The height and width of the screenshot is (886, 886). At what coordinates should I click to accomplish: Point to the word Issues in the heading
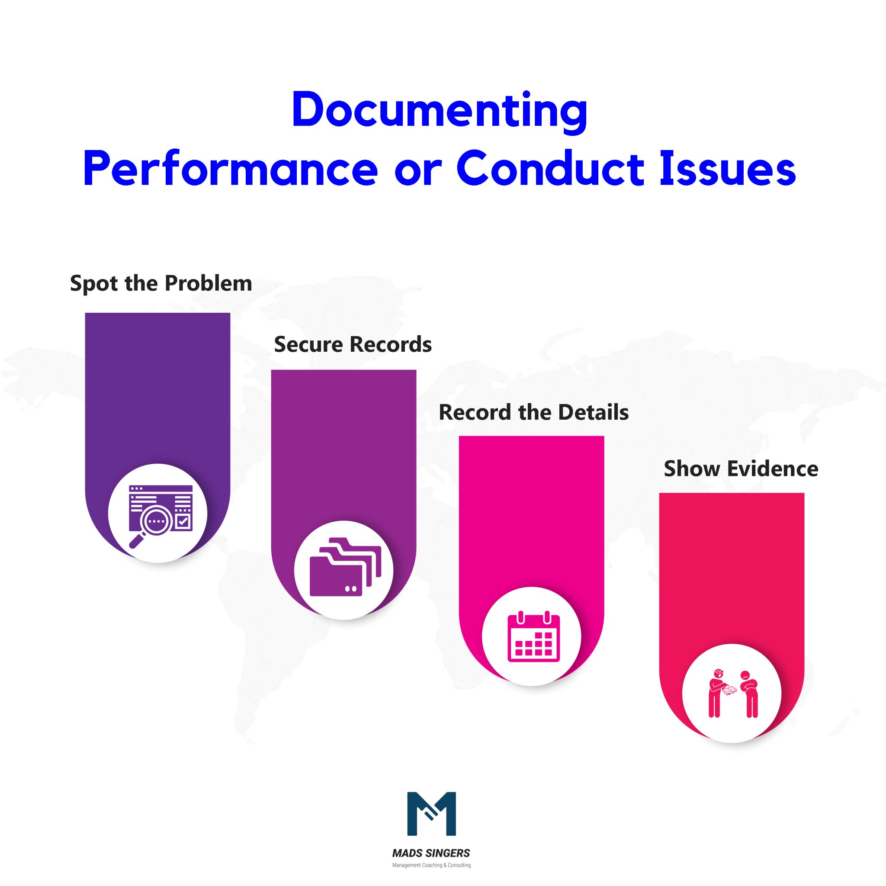pyautogui.click(x=727, y=169)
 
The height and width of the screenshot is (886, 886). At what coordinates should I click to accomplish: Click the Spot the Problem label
pyautogui.click(x=161, y=283)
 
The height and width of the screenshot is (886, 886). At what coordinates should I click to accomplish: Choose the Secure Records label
pyautogui.click(x=353, y=344)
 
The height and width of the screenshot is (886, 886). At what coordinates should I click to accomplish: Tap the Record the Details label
pyautogui.click(x=533, y=412)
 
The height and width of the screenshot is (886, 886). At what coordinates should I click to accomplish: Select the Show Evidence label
pyautogui.click(x=741, y=469)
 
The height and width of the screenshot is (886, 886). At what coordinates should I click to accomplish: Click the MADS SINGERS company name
pyautogui.click(x=431, y=853)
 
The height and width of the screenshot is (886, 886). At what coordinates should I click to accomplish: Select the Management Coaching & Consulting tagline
pyautogui.click(x=431, y=865)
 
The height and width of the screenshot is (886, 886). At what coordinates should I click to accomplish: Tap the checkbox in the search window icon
pyautogui.click(x=183, y=521)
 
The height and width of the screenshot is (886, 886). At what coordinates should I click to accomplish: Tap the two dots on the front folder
pyautogui.click(x=351, y=589)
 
